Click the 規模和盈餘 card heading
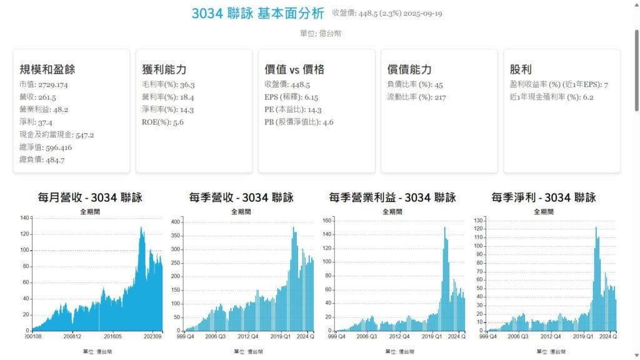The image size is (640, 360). [x=47, y=69]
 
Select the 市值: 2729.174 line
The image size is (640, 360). [x=44, y=84]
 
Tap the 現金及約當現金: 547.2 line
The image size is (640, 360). [x=57, y=134]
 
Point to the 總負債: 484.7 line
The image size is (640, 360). [x=42, y=159]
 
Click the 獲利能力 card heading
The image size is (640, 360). [x=164, y=69]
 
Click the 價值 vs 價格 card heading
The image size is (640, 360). [x=294, y=69]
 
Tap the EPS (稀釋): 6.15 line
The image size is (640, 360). [x=291, y=97]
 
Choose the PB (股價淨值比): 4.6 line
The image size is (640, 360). [x=299, y=122]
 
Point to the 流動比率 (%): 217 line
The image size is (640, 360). [x=416, y=97]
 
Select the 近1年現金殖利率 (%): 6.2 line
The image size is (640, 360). [x=552, y=97]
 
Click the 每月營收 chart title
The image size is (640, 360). [x=90, y=198]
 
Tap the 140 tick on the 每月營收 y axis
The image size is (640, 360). [x=25, y=217]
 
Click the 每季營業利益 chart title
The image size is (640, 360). [x=392, y=198]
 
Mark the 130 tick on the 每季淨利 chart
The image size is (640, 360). [x=479, y=221]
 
